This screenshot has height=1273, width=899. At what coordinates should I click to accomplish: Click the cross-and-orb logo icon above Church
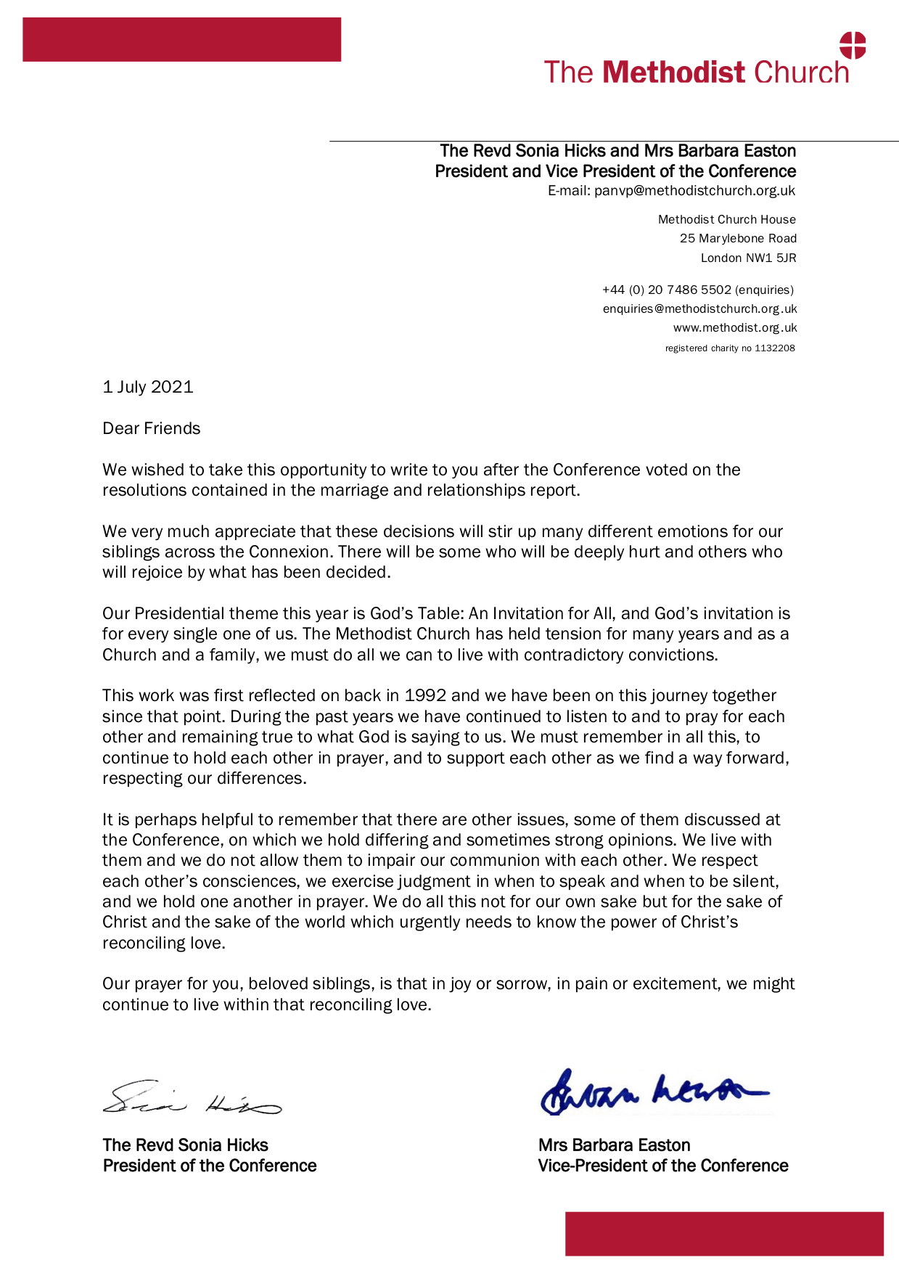coord(853,45)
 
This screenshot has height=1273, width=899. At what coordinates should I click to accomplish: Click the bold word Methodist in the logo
coord(673,73)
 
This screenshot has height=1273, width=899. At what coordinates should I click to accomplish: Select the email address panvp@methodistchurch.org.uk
coord(694,191)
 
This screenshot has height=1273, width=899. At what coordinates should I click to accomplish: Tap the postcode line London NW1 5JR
coord(748,258)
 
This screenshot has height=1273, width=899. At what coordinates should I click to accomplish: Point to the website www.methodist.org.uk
coord(734,327)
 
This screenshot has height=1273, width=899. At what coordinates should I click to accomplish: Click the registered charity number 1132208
coord(774,348)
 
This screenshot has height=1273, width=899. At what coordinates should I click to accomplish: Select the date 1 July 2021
coord(148,387)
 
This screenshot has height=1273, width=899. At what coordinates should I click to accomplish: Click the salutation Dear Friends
coord(151,428)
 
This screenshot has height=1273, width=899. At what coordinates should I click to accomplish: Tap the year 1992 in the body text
coord(425,695)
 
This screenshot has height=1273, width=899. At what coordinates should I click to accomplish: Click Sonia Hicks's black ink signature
coord(191,1097)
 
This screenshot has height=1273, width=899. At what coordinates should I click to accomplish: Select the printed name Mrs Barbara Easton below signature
coord(614,1145)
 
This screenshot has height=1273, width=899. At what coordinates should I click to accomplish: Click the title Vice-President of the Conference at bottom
coord(662,1166)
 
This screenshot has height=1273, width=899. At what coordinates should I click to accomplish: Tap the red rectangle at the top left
coord(181,39)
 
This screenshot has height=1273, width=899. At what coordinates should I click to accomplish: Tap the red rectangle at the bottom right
coord(724,1233)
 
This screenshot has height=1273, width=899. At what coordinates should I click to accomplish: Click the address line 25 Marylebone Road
coord(738,238)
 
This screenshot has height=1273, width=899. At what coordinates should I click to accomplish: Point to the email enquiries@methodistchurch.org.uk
coord(699,308)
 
